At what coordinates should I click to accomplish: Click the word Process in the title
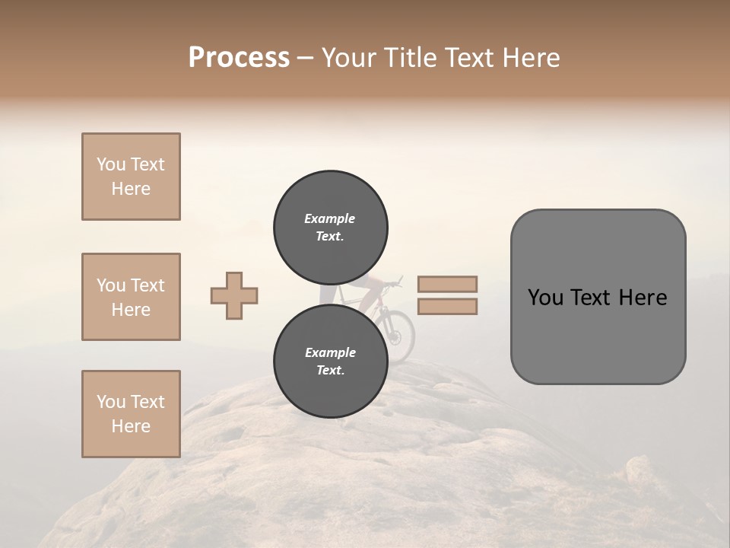click(x=239, y=58)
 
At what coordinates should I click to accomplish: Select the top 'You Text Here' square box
click(x=131, y=177)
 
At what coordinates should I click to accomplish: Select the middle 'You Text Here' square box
click(x=131, y=297)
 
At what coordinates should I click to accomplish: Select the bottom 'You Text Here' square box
click(x=131, y=414)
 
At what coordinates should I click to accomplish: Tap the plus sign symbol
click(x=234, y=295)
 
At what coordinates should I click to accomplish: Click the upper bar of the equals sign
click(x=447, y=284)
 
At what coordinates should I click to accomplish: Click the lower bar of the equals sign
click(x=447, y=307)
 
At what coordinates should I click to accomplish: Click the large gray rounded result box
click(x=598, y=297)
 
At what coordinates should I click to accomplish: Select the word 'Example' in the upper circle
click(x=330, y=218)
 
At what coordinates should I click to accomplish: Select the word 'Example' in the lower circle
click(x=330, y=352)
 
